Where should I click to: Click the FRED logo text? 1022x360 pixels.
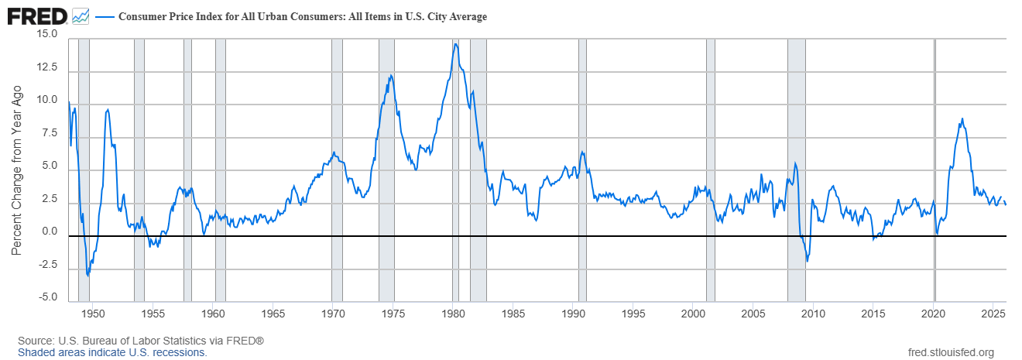coord(36,15)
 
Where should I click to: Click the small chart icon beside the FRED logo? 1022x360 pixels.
coord(80,15)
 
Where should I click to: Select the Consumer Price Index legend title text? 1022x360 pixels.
coord(302,17)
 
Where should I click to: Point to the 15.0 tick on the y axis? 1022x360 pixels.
coord(46,35)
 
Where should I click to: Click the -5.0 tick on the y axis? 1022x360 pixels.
coord(46,297)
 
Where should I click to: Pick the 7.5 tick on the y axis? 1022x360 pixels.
coord(50,133)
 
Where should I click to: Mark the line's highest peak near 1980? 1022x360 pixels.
coord(455,43)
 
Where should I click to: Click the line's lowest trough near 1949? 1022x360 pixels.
coord(87,275)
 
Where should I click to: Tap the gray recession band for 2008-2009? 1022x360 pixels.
coord(796,170)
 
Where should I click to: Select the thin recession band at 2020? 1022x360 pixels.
coord(935,170)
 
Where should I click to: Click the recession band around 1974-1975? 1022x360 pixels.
coord(386,170)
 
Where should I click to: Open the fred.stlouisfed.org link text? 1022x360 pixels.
coord(950,353)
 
